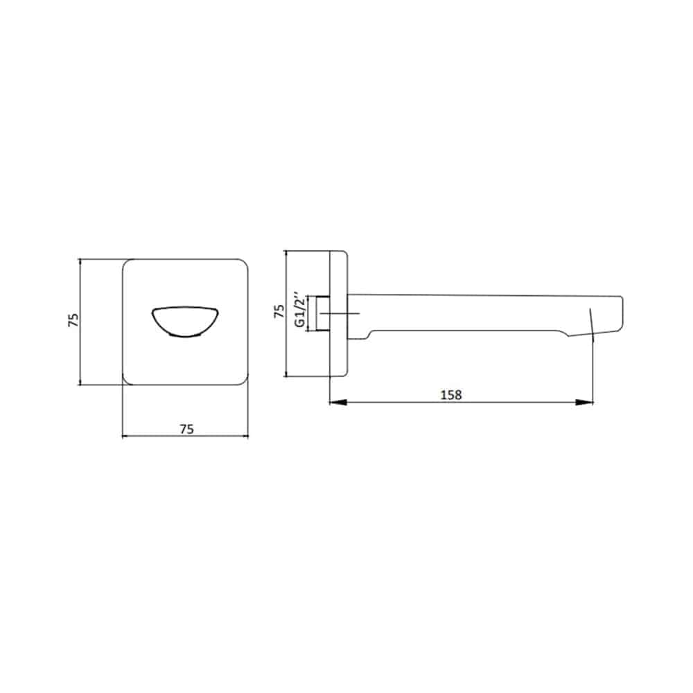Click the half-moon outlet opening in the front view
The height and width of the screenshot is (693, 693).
pyautogui.click(x=185, y=322)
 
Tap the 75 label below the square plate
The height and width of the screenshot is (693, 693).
pyautogui.click(x=186, y=429)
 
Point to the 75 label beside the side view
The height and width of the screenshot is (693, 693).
pyautogui.click(x=279, y=310)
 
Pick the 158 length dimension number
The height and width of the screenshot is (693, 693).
pyautogui.click(x=451, y=394)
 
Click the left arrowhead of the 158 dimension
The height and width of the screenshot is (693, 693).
pyautogui.click(x=338, y=402)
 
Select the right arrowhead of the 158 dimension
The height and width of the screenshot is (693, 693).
pyautogui.click(x=584, y=402)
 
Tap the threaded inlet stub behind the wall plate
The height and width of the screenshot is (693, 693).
pyautogui.click(x=323, y=313)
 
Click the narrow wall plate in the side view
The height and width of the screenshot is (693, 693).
pyautogui.click(x=339, y=314)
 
